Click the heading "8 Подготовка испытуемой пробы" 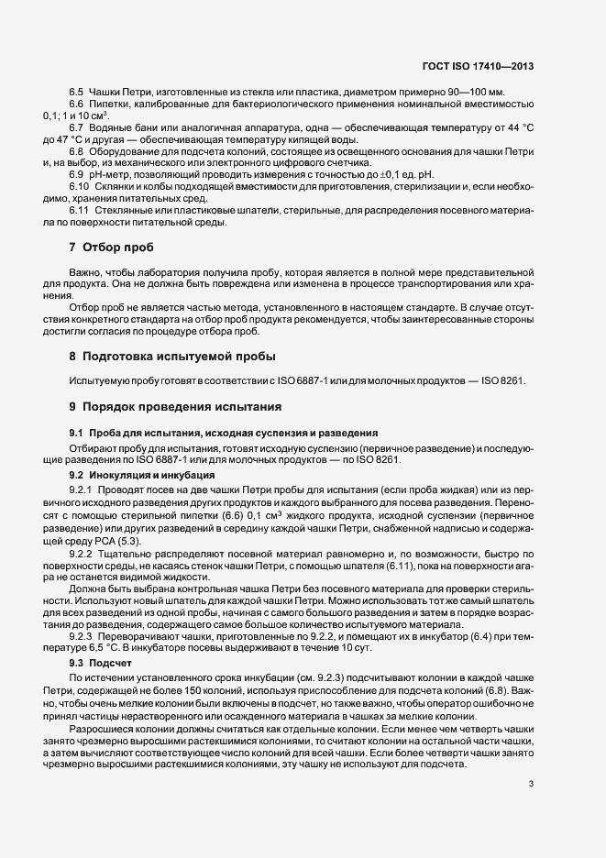[173, 356]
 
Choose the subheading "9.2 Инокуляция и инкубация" [142, 476]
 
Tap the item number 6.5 [76, 93]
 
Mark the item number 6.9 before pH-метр [76, 173]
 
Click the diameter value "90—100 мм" [474, 93]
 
